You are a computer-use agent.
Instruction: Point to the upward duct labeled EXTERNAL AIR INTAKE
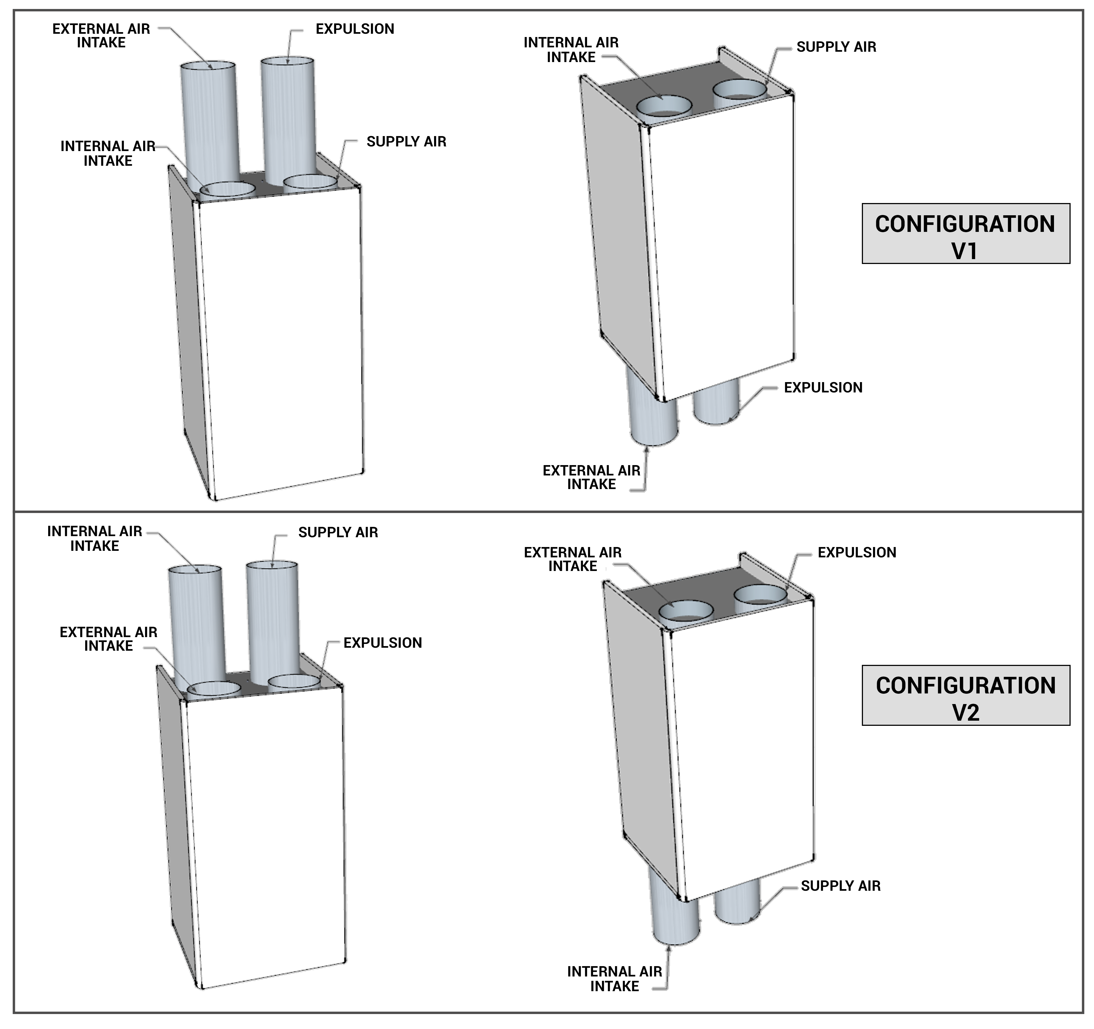(209, 121)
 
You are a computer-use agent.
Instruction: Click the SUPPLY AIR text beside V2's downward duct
(840, 886)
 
